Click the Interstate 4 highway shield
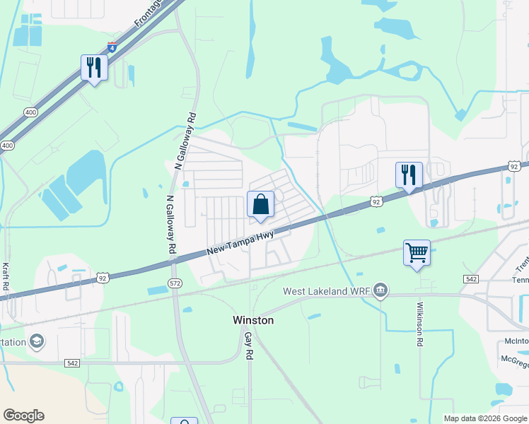coord(112,47)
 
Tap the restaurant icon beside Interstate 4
coord(93,68)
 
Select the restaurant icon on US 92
coord(409,175)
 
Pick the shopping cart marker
coord(417,252)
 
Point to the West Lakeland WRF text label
coord(325,291)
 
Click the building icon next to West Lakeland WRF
coord(380,290)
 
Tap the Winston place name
coord(253,320)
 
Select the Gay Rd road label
coord(248,346)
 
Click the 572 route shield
coord(175,283)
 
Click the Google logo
coord(23,416)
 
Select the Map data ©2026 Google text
coord(485,418)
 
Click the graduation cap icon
coord(37,342)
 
